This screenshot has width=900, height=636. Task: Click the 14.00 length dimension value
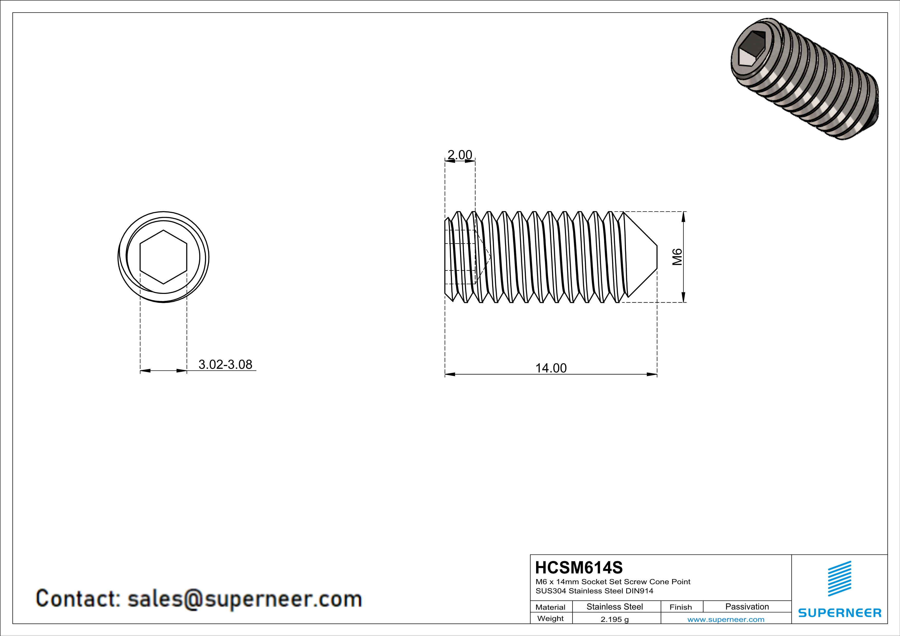click(x=551, y=368)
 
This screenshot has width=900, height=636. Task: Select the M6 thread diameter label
click(x=677, y=257)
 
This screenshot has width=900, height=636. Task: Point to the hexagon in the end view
click(x=163, y=257)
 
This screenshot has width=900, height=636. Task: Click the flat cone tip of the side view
click(x=656, y=257)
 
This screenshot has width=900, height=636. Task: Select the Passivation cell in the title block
click(x=747, y=607)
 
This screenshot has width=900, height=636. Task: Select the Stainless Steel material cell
click(x=615, y=607)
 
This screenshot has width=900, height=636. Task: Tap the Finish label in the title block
click(x=681, y=607)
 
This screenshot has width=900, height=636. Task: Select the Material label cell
click(x=550, y=607)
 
